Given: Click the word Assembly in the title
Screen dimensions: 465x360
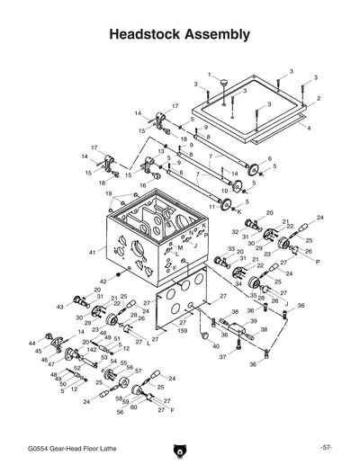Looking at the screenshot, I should click(x=218, y=35).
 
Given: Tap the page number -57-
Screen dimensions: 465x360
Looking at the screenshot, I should click(x=326, y=447).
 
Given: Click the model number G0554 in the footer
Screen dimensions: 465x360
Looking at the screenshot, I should click(x=40, y=447).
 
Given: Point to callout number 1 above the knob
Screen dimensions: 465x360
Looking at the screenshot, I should click(x=210, y=75).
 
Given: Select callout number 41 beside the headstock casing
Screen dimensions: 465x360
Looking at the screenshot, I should click(x=92, y=254).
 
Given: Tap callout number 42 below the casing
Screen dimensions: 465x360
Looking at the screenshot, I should click(x=103, y=282).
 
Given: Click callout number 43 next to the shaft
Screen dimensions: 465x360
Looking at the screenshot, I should click(x=61, y=307).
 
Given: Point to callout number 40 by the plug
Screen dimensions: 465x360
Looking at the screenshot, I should click(x=215, y=345).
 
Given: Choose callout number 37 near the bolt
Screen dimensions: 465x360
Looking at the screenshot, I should click(x=222, y=357).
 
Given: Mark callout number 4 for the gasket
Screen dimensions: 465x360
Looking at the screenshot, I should click(x=309, y=129).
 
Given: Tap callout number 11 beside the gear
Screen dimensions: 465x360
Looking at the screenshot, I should click(x=212, y=206).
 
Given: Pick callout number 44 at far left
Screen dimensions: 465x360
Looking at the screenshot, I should click(x=31, y=343).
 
